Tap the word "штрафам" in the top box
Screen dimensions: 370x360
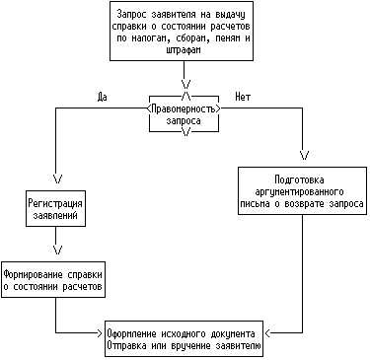(x=184, y=50)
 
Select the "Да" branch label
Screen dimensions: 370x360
(x=103, y=97)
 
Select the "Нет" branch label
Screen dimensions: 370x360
(x=243, y=97)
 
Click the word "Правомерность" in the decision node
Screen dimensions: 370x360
(x=184, y=108)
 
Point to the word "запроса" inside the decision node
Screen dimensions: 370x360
(x=184, y=120)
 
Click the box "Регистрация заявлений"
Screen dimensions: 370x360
(x=55, y=208)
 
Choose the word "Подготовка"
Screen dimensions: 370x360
(x=299, y=180)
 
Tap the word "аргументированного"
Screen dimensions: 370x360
(x=299, y=191)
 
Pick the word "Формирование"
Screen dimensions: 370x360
(x=34, y=274)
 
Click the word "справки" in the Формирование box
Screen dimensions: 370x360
(x=85, y=275)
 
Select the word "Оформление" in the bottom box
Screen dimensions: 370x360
(x=131, y=333)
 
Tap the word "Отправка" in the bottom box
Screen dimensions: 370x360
(x=126, y=346)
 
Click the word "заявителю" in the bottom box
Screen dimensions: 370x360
(x=238, y=346)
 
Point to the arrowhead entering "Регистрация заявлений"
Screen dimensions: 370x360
(x=57, y=179)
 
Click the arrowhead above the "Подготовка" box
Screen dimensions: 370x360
(x=305, y=155)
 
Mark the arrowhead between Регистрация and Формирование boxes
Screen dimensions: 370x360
(x=58, y=250)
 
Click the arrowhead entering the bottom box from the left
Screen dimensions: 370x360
(x=100, y=333)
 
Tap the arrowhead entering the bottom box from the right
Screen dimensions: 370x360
(x=267, y=333)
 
